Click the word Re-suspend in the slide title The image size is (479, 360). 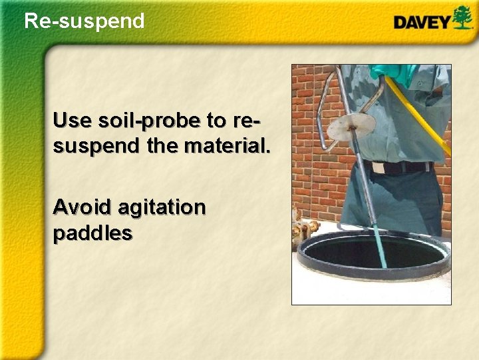pos(84,21)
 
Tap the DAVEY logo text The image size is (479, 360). pos(421,22)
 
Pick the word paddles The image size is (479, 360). pos(92,233)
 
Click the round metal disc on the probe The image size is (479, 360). pos(352,125)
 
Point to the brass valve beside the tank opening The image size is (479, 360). pos(305,230)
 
